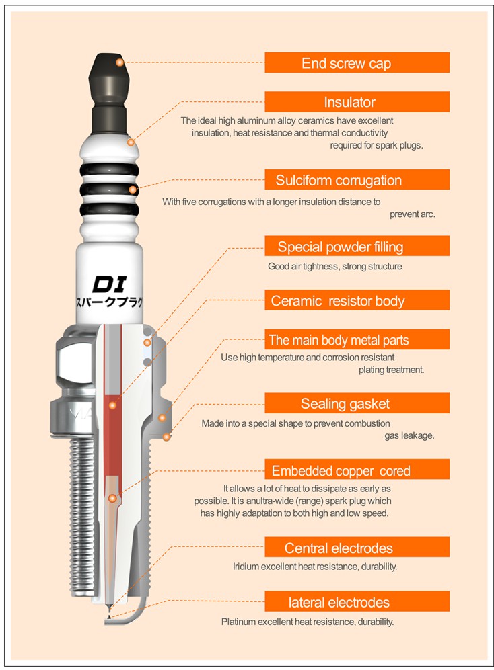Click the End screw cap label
tap(357, 62)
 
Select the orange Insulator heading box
tap(357, 101)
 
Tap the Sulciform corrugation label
tap(357, 179)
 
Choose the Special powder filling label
tap(357, 246)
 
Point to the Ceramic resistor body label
tap(357, 300)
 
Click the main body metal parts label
tap(357, 339)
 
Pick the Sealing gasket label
tap(357, 403)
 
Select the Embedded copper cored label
tap(357, 470)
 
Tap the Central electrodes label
tap(357, 548)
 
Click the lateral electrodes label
tap(357, 601)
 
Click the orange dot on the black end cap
tap(120, 62)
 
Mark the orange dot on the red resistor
tap(112, 405)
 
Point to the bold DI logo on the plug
tap(110, 284)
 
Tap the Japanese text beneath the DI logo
tap(110, 302)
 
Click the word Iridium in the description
tap(246, 567)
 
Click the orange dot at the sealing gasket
tap(166, 437)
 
